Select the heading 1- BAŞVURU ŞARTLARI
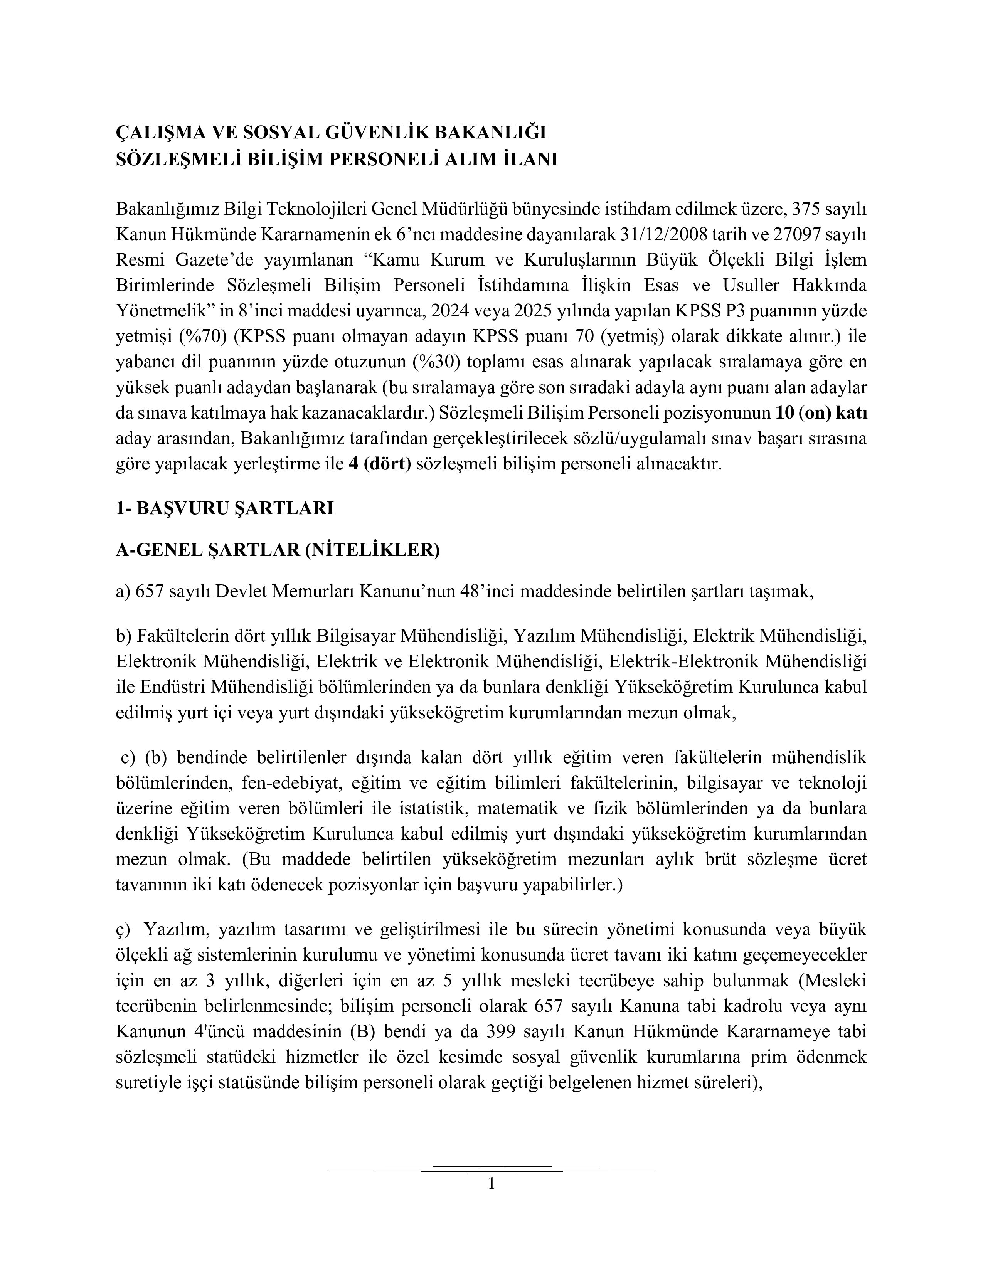(224, 508)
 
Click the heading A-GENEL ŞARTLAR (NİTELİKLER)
(278, 549)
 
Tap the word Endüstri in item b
(172, 686)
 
